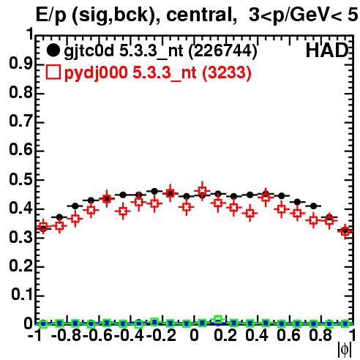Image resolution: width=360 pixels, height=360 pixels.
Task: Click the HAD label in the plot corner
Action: [x=327, y=50]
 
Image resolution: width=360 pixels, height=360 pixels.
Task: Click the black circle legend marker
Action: [x=53, y=50]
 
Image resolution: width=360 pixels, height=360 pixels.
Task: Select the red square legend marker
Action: [x=53, y=72]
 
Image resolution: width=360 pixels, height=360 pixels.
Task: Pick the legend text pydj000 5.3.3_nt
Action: [x=130, y=73]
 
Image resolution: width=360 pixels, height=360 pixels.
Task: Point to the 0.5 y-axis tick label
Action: [x=20, y=179]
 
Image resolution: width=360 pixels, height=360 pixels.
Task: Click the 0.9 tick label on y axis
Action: [x=20, y=64]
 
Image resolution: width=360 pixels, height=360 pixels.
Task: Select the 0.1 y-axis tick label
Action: [x=21, y=295]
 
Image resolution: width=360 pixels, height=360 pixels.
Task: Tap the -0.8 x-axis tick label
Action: [x=67, y=335]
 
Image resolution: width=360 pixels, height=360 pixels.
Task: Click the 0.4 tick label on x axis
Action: [x=257, y=335]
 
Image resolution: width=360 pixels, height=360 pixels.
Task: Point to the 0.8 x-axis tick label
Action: [x=320, y=335]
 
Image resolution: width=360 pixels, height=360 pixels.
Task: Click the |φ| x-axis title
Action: [x=345, y=350]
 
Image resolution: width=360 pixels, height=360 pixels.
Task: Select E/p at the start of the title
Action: [x=51, y=15]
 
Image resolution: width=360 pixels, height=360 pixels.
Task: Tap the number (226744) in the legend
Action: [x=223, y=51]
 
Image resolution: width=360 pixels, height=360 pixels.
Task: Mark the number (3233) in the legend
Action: [x=227, y=73]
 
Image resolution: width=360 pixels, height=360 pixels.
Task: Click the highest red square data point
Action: [x=202, y=190]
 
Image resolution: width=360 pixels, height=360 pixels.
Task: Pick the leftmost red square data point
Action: [x=43, y=227]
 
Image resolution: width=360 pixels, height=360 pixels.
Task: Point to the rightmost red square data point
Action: [x=345, y=230]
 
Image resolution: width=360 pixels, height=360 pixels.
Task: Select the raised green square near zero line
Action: [x=218, y=319]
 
